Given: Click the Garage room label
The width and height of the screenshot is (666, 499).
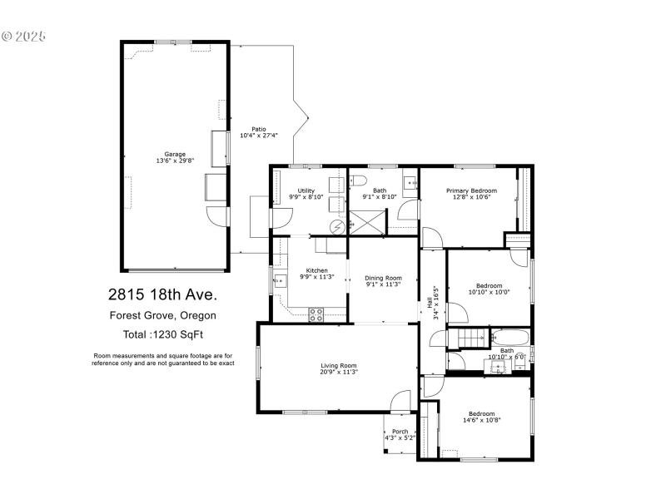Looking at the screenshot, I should point(174,154).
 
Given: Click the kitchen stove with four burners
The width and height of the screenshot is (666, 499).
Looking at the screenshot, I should point(316,314).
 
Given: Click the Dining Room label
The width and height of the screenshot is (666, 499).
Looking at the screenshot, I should point(384,278).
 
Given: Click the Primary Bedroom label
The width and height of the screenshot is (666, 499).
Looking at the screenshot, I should point(471,190).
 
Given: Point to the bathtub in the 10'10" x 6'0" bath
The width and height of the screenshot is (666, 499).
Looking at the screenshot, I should point(507,338).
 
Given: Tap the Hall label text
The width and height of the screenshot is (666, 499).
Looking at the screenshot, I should point(430,299).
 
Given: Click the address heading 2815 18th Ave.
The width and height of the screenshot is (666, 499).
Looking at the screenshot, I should point(162,294).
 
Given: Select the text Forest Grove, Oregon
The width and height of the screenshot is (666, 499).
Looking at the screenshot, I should point(162,315).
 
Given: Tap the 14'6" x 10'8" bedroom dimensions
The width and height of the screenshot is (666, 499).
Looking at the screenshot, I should point(481,420).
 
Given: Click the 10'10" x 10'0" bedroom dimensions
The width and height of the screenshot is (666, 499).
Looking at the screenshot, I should point(489,292).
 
